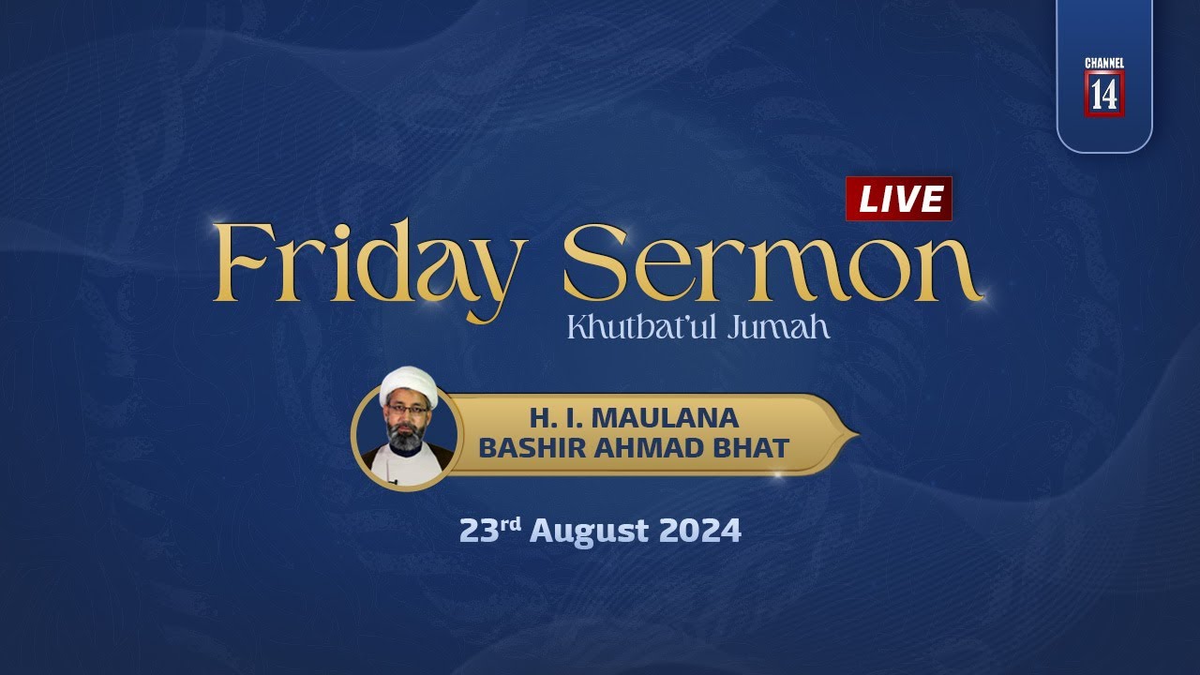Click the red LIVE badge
(898, 199)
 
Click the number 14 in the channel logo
(1103, 94)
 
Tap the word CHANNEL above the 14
(1103, 63)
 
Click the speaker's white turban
(410, 384)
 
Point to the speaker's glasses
(408, 411)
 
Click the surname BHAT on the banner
(756, 448)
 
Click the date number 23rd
(488, 531)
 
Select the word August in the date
(589, 532)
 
